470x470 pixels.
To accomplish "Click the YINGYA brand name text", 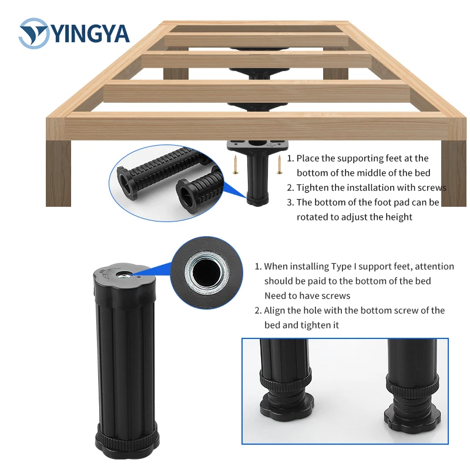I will [x=91, y=33].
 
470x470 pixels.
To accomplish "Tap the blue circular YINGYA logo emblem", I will [x=33, y=33].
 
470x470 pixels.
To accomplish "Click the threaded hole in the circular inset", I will [x=207, y=270].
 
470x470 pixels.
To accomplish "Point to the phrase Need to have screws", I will [x=307, y=296].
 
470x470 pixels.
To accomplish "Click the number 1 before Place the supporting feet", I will [x=290, y=158].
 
